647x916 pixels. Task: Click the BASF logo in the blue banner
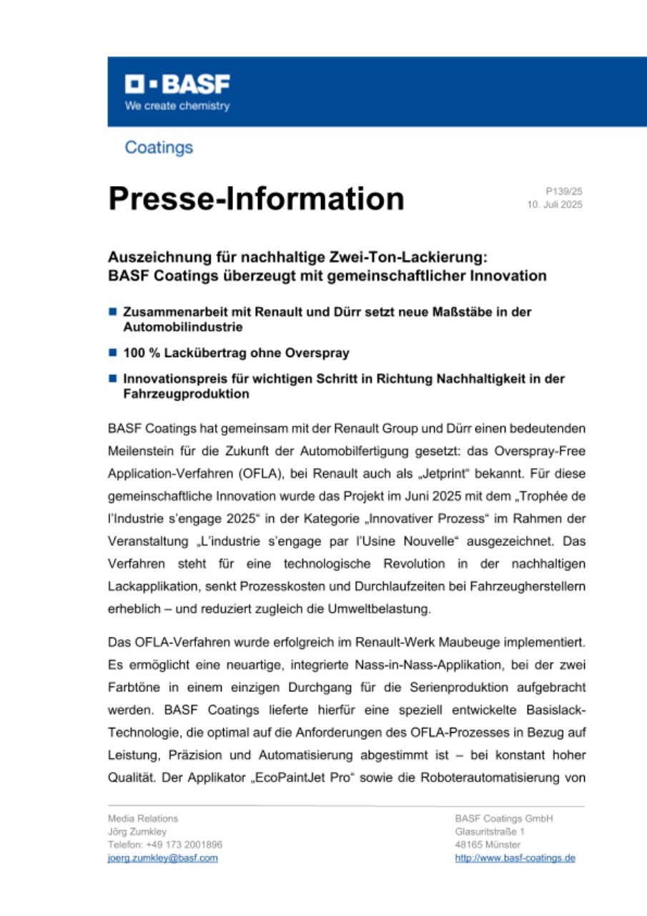178,85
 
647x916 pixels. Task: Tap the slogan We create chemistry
178,106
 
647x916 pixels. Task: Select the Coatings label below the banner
159,148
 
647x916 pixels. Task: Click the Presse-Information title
256,198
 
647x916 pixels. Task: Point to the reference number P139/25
564,192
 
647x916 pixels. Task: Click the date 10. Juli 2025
554,205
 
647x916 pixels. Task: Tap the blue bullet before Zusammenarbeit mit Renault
112,313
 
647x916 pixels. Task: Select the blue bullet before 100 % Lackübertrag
112,354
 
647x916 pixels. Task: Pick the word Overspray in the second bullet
322,354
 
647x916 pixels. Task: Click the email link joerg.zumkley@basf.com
162,858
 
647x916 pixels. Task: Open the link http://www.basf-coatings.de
515,858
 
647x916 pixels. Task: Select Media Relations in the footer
143,819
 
